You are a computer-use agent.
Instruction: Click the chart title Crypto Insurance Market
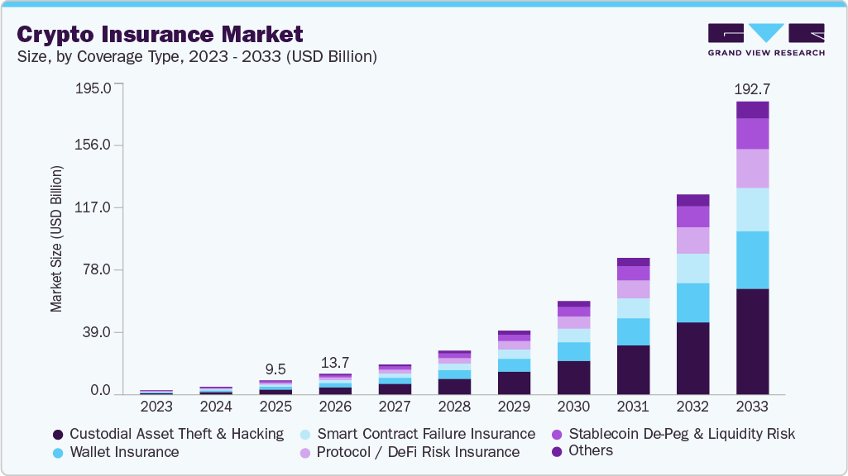tap(160, 34)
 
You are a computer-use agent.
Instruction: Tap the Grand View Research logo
tap(765, 40)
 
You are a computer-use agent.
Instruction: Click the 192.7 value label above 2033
tap(752, 88)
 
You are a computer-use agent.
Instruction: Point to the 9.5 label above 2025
tap(275, 369)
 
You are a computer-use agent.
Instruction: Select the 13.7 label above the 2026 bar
tap(335, 363)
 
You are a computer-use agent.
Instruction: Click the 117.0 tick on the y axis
tap(93, 208)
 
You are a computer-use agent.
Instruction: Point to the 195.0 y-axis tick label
tap(93, 88)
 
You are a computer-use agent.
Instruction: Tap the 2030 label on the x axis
tap(573, 407)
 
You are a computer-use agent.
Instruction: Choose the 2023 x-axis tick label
tap(156, 407)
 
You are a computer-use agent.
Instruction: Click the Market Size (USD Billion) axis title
tap(56, 239)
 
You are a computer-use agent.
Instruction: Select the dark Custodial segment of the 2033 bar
tap(752, 340)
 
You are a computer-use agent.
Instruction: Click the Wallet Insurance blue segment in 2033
tap(752, 259)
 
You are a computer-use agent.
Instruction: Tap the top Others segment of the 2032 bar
tap(692, 200)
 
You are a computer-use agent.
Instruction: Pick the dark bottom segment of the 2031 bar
tap(633, 369)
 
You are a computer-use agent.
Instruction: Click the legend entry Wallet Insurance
tap(124, 452)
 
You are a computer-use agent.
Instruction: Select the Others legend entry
tap(591, 450)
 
